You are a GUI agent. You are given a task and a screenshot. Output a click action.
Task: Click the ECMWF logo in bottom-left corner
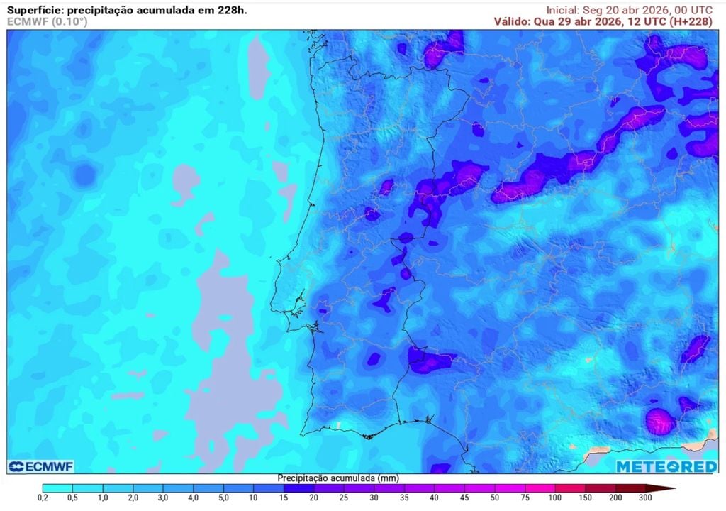point(41,466)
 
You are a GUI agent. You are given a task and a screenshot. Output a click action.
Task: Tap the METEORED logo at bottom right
point(666,466)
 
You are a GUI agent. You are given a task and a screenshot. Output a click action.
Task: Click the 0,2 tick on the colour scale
point(43,498)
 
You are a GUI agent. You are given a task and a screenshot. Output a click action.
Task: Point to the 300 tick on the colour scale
point(644,498)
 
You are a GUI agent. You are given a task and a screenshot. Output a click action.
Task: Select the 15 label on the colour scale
point(283,498)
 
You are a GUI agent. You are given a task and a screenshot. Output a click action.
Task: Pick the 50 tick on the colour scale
point(493,498)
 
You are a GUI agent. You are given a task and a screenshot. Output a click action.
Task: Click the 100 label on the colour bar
point(554,498)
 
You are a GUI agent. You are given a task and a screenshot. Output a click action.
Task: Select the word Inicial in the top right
point(562,10)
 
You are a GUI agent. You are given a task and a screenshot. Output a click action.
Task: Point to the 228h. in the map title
point(231,10)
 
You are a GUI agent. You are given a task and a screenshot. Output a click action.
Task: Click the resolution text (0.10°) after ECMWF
point(69,21)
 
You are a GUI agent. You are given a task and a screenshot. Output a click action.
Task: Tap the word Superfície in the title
point(33,10)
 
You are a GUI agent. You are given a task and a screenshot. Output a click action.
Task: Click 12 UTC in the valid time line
point(644,21)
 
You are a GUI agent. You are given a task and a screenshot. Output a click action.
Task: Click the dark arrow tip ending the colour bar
point(670,488)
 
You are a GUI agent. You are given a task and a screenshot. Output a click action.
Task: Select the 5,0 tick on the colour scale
point(223,498)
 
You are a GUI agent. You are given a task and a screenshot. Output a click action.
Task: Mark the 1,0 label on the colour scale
point(103,498)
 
